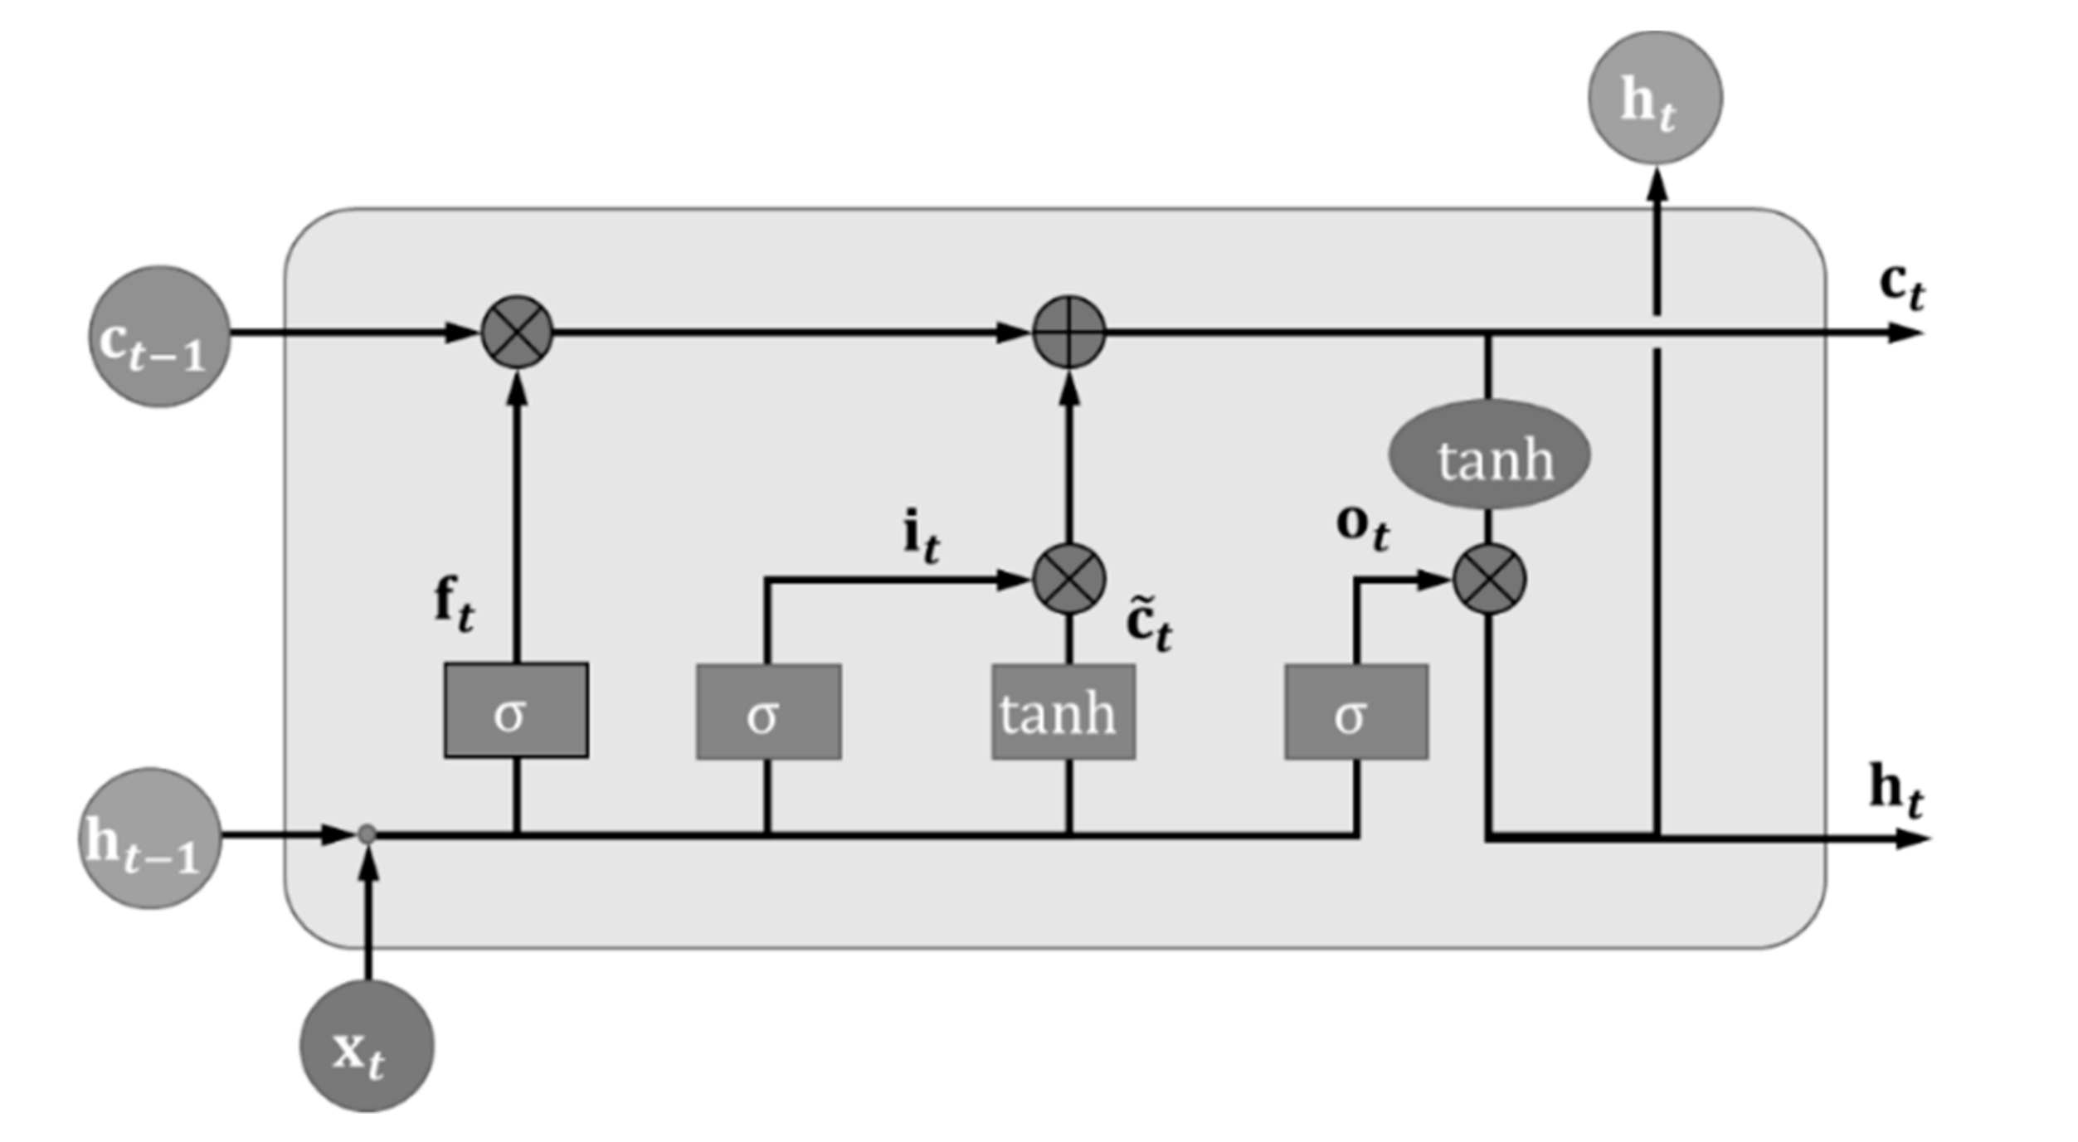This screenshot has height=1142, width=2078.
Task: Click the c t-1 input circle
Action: [x=159, y=336]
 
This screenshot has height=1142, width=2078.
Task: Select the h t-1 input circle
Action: [x=151, y=838]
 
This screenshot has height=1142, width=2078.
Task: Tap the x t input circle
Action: [x=367, y=1046]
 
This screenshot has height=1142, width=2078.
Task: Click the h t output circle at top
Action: [x=1654, y=98]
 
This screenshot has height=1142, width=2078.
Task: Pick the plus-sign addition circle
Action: [x=1068, y=332]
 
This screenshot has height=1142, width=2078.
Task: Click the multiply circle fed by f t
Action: [x=517, y=332]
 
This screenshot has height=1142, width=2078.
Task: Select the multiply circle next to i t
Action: [x=1068, y=579]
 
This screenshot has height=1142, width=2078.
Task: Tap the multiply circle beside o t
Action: [x=1489, y=579]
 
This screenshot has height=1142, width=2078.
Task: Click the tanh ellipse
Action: [x=1489, y=455]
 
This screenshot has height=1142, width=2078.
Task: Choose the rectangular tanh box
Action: [x=1063, y=712]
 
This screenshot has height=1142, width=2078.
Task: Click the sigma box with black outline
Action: [x=516, y=710]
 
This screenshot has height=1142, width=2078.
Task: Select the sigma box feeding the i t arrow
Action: [x=768, y=712]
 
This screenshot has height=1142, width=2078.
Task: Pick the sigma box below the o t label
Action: [x=1355, y=712]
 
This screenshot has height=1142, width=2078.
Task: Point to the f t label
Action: [x=455, y=605]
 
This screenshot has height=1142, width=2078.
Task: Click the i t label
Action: [x=921, y=537]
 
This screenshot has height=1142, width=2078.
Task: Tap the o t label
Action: [x=1362, y=526]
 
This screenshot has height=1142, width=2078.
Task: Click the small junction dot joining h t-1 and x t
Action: [x=367, y=834]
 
